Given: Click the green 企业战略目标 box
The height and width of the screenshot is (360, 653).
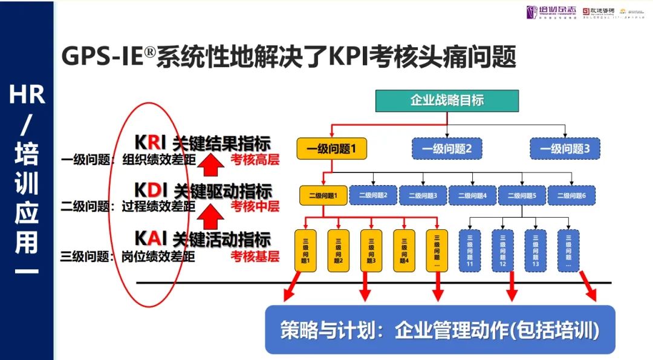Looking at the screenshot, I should click(x=447, y=100).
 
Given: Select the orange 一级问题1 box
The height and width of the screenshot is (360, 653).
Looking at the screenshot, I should click(x=332, y=149).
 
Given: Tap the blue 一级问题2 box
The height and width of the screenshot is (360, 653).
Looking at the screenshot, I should click(x=447, y=149).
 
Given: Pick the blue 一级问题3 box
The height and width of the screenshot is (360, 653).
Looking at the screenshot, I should click(x=565, y=149).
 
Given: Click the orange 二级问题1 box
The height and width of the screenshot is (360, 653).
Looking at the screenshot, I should click(x=323, y=195).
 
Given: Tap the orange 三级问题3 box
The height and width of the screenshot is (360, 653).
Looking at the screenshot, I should click(x=371, y=250).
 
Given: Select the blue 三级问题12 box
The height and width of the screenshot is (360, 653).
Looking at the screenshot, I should click(x=502, y=250).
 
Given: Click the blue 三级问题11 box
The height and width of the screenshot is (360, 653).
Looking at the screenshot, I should click(x=470, y=250).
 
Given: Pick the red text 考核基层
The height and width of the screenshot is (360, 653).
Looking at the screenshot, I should click(x=255, y=256).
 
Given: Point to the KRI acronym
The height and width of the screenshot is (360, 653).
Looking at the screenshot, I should click(x=150, y=143).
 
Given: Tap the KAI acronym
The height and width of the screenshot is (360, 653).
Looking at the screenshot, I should click(x=151, y=239).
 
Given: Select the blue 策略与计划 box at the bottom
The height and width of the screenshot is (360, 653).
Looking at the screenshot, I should click(x=440, y=330).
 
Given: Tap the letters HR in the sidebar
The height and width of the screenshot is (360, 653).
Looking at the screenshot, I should click(x=27, y=94).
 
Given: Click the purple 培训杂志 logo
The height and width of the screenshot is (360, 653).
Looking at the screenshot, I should click(x=549, y=13).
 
